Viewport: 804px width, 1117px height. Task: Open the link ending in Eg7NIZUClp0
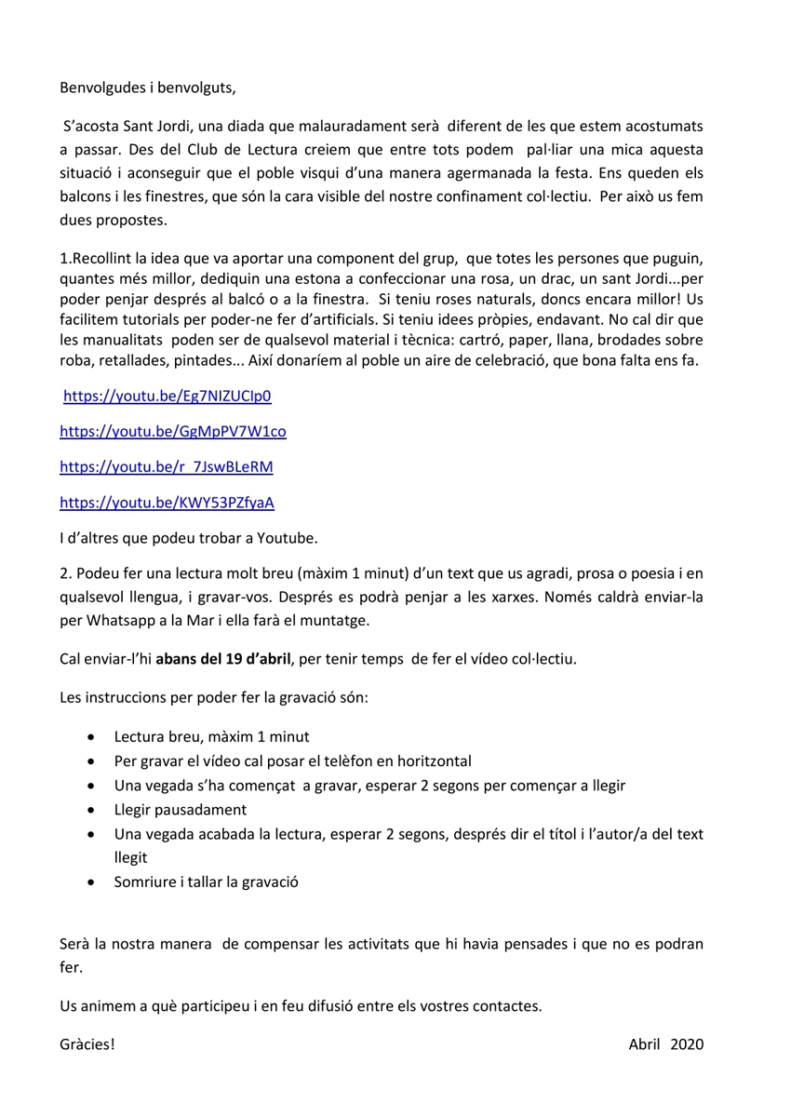[x=167, y=396]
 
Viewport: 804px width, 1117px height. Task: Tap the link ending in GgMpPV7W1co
[x=173, y=431]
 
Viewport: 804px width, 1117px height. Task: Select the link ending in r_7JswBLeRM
[x=167, y=466]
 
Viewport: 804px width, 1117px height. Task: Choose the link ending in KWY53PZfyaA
[x=167, y=503]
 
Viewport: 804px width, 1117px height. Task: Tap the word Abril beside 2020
[x=644, y=1043]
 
